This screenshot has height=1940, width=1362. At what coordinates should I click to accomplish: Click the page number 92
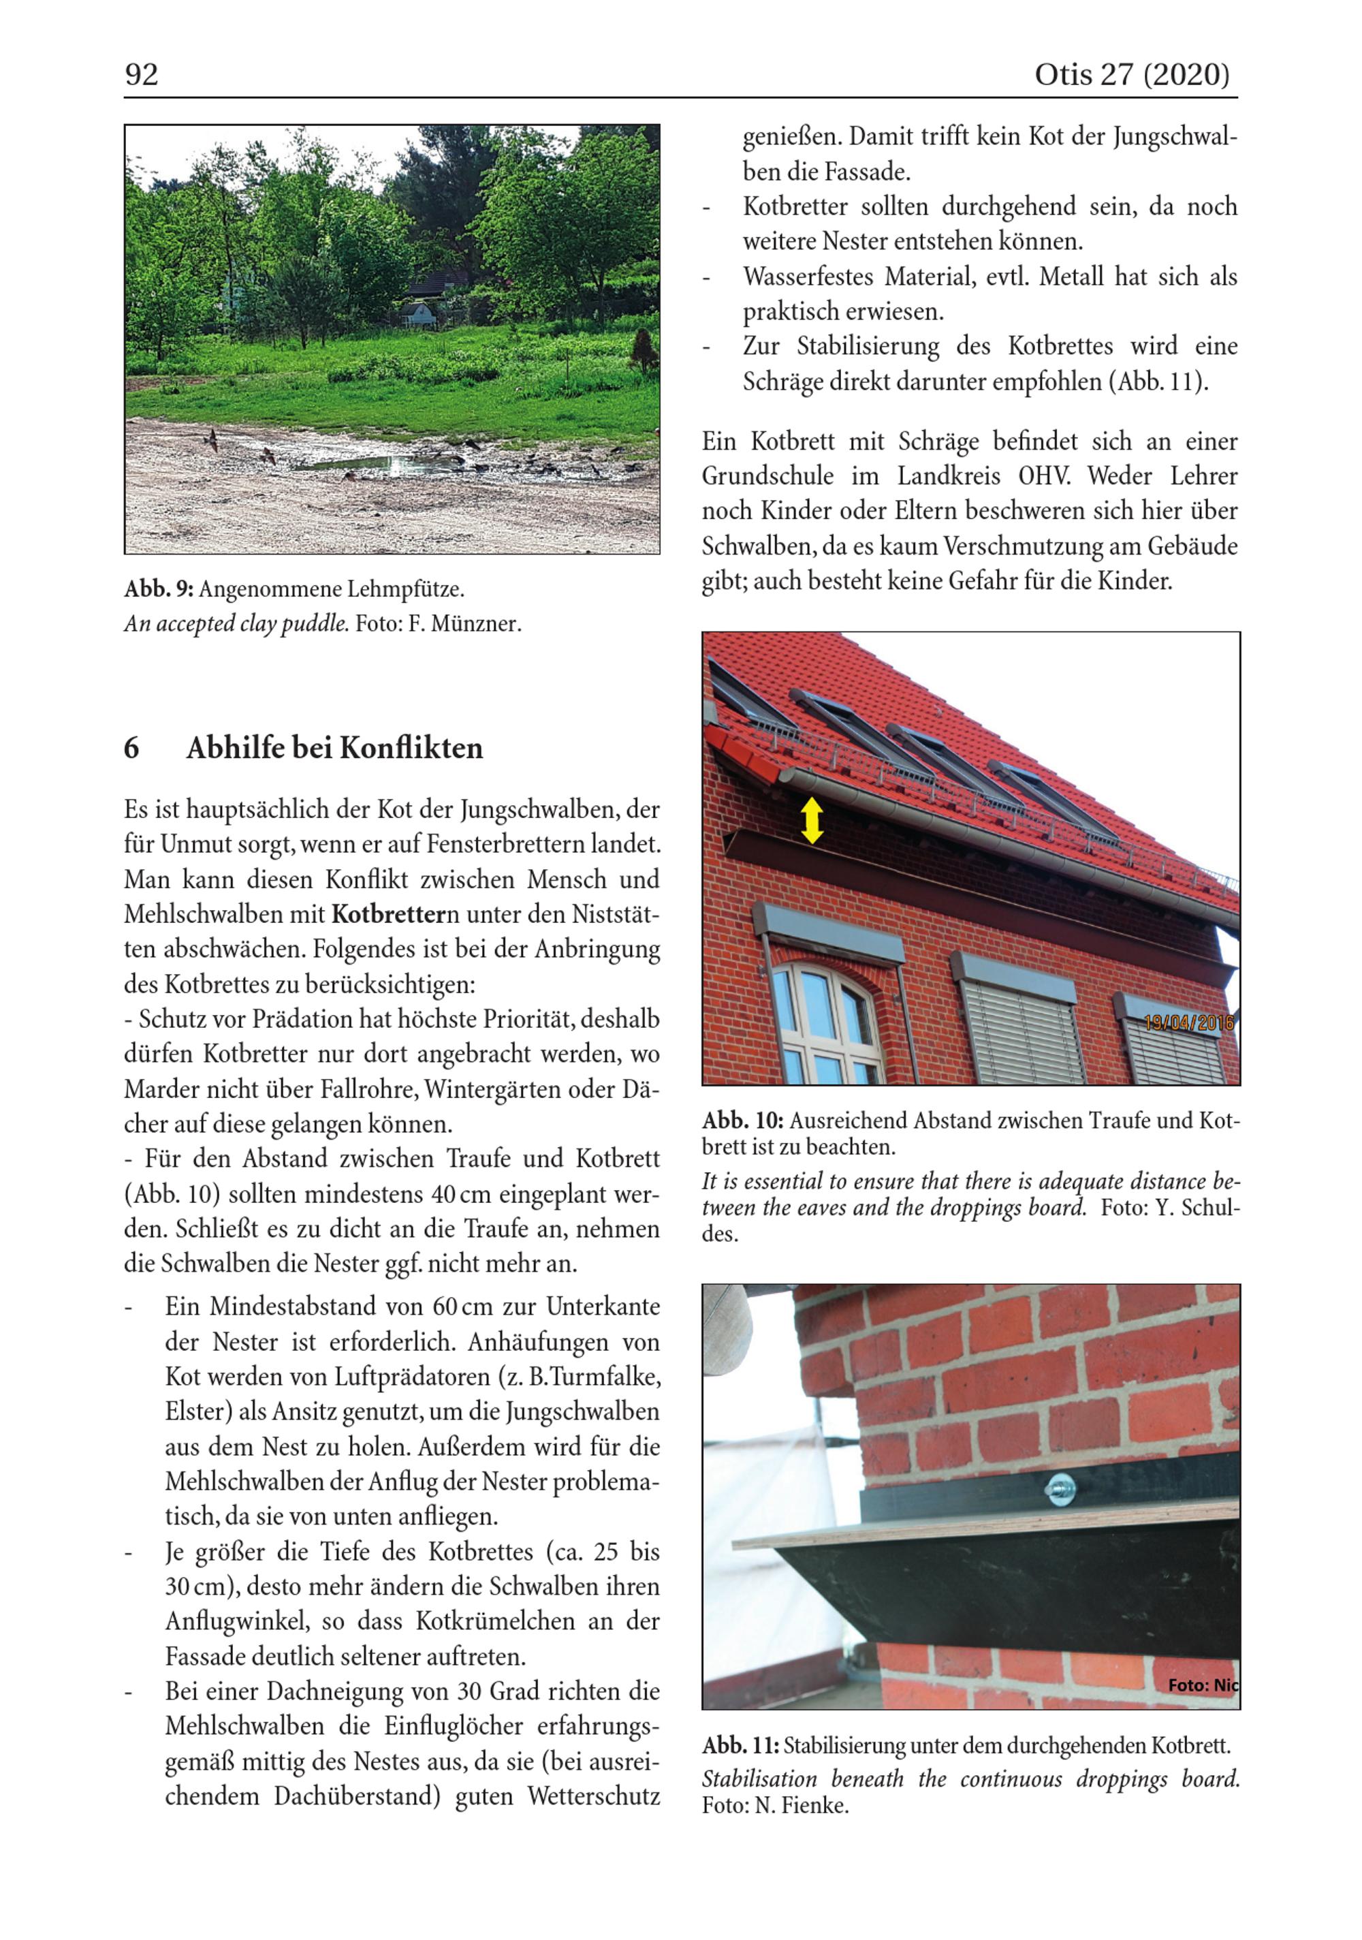point(142,75)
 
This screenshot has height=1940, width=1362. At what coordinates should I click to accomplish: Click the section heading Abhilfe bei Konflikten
point(334,749)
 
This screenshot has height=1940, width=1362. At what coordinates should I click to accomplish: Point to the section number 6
point(132,749)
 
